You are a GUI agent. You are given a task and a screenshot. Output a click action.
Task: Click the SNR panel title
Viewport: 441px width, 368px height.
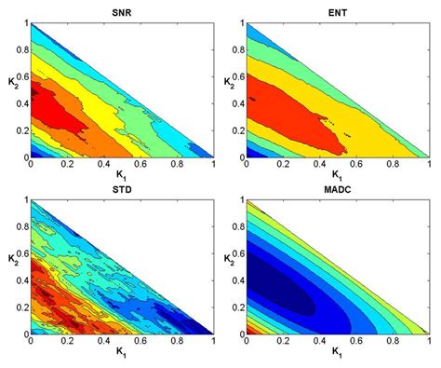pos(121,12)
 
